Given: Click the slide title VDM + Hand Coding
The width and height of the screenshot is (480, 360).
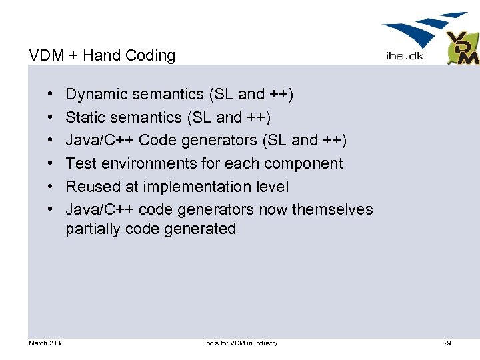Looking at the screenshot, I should pyautogui.click(x=102, y=55).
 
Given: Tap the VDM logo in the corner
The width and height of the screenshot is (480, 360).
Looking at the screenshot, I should pyautogui.click(x=463, y=48).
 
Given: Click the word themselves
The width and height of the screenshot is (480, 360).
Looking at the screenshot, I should pyautogui.click(x=332, y=209).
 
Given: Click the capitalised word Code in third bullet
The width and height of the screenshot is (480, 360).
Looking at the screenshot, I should pyautogui.click(x=157, y=141).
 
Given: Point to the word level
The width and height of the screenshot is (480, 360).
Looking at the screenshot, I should pyautogui.click(x=273, y=187).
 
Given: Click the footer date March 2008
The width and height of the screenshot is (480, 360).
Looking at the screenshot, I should pyautogui.click(x=46, y=343).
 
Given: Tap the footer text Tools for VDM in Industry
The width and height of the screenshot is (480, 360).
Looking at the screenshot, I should pyautogui.click(x=240, y=343).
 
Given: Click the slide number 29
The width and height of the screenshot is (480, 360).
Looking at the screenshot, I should pyautogui.click(x=447, y=343).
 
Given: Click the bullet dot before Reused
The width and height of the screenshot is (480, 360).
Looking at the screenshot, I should pyautogui.click(x=51, y=187).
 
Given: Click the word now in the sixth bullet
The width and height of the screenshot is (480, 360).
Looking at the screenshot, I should pyautogui.click(x=273, y=209).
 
